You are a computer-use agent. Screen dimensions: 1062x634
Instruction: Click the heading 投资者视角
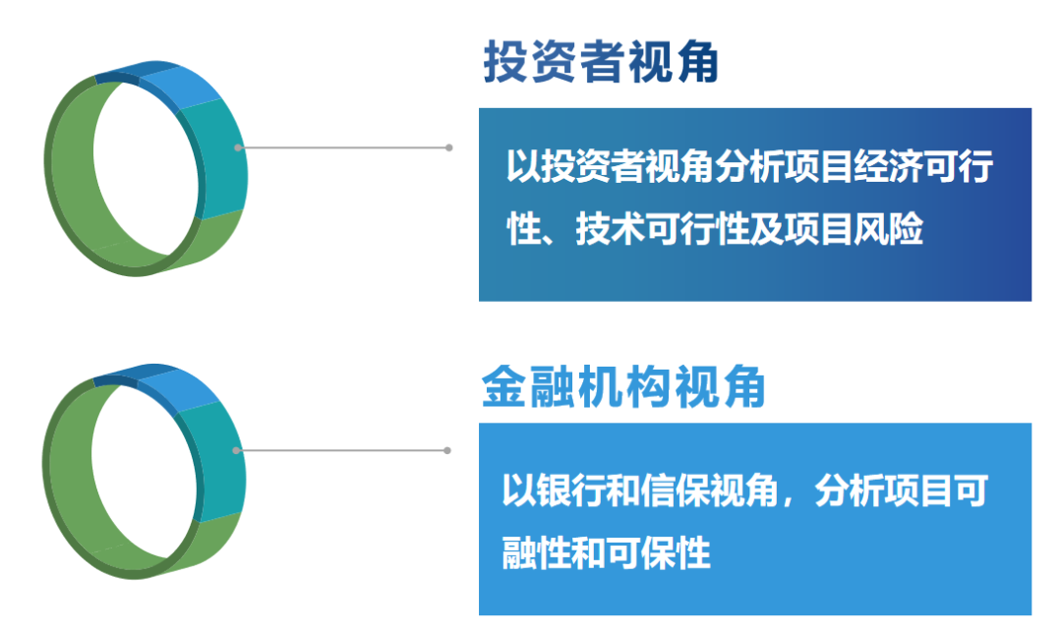600,62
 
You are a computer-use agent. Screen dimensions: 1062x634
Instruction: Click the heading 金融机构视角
623,386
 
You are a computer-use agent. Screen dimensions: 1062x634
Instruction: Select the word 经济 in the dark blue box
888,166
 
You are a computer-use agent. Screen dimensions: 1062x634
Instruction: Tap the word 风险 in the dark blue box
888,228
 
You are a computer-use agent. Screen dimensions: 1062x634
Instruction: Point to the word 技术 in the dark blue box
611,228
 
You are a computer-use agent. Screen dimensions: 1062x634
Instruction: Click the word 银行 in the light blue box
570,490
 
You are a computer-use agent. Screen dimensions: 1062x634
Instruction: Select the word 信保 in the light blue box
675,490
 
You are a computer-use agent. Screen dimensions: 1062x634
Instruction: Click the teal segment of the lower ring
215,461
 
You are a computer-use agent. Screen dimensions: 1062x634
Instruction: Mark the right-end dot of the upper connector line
449,147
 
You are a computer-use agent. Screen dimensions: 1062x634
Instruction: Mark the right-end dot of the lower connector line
447,450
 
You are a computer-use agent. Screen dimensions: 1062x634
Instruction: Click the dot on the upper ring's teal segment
238,147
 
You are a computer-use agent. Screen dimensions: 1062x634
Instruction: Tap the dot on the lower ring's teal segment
236,450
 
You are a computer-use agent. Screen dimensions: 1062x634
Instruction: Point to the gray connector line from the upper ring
343,147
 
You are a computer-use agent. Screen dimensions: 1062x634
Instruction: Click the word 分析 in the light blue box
850,490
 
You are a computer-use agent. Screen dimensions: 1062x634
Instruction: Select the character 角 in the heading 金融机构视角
743,386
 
